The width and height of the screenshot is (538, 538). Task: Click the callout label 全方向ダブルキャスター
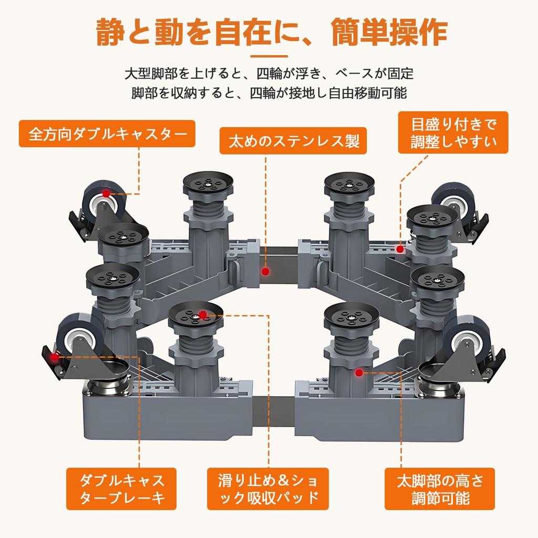(107, 134)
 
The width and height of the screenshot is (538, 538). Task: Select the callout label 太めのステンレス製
(293, 141)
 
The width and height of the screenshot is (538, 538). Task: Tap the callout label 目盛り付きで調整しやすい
(453, 132)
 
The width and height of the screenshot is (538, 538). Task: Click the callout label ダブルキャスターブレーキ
(122, 489)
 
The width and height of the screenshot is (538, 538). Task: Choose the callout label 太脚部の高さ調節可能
(439, 489)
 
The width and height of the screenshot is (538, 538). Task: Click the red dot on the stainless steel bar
(265, 272)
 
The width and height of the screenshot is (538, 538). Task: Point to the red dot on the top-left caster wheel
(106, 193)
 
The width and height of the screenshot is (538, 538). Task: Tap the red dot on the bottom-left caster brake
(54, 357)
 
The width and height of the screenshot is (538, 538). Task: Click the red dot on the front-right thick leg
(359, 373)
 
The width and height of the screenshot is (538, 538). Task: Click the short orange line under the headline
(269, 56)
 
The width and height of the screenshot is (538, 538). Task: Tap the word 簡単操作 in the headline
(389, 33)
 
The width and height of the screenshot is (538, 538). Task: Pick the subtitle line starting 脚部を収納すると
(269, 94)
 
